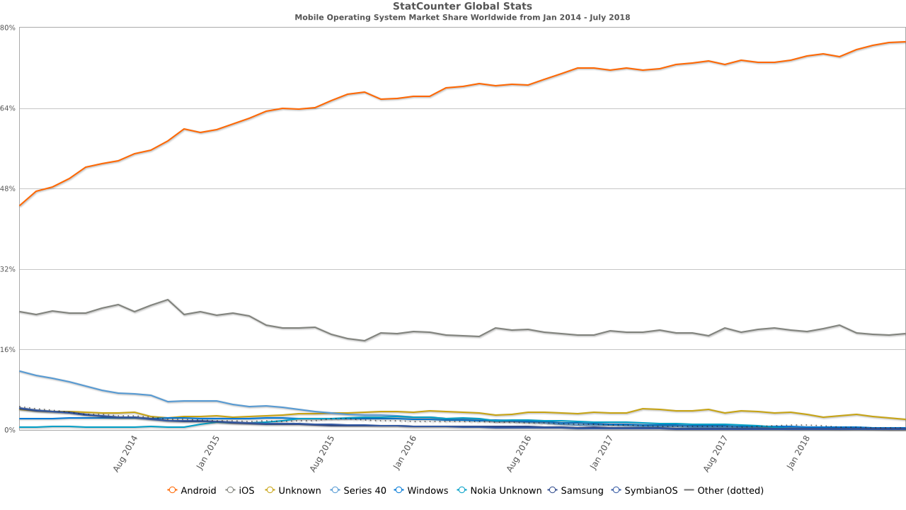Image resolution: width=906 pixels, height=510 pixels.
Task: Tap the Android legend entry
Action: coord(192,490)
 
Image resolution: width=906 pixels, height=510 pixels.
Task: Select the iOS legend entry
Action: coord(240,490)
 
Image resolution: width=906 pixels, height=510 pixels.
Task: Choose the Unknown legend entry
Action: coord(293,490)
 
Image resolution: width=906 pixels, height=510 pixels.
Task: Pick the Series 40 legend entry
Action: coord(359,490)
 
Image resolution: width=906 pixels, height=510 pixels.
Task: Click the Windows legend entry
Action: coord(421,490)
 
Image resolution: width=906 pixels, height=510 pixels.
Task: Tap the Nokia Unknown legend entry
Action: coord(499,490)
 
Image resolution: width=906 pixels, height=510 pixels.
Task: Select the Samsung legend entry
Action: coord(575,490)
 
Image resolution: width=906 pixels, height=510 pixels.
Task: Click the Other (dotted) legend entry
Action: coord(723,490)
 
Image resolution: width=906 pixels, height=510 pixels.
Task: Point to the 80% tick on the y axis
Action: coord(8,28)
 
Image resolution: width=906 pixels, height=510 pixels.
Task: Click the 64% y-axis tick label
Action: coord(8,108)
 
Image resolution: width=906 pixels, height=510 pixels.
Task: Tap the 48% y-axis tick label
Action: coord(8,189)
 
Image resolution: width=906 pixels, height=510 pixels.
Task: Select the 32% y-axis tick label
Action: coord(8,269)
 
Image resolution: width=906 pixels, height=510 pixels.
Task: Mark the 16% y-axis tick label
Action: coord(8,350)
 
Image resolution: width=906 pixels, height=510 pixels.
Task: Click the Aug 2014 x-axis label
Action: coord(125,453)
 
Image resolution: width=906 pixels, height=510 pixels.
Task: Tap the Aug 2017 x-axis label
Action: coord(718,453)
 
